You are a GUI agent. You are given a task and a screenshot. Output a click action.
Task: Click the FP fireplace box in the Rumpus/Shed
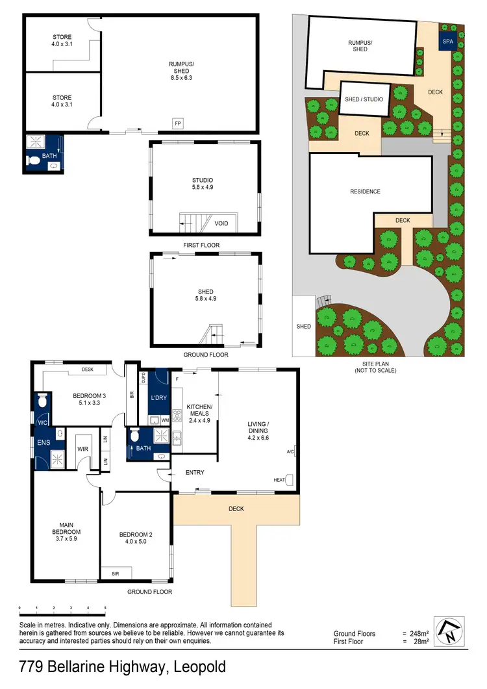point(177,123)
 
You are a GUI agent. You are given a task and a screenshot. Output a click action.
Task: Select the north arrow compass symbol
point(449,631)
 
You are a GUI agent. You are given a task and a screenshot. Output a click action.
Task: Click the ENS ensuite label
point(43,444)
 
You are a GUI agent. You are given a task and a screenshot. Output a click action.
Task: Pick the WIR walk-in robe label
point(82,447)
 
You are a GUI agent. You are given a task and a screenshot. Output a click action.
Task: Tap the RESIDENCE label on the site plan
point(365,192)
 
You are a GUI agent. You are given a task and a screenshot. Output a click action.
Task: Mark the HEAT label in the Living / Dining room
point(280,481)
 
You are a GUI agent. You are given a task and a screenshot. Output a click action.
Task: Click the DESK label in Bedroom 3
point(88,370)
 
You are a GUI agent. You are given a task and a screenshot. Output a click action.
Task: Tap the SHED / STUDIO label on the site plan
point(364,99)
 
